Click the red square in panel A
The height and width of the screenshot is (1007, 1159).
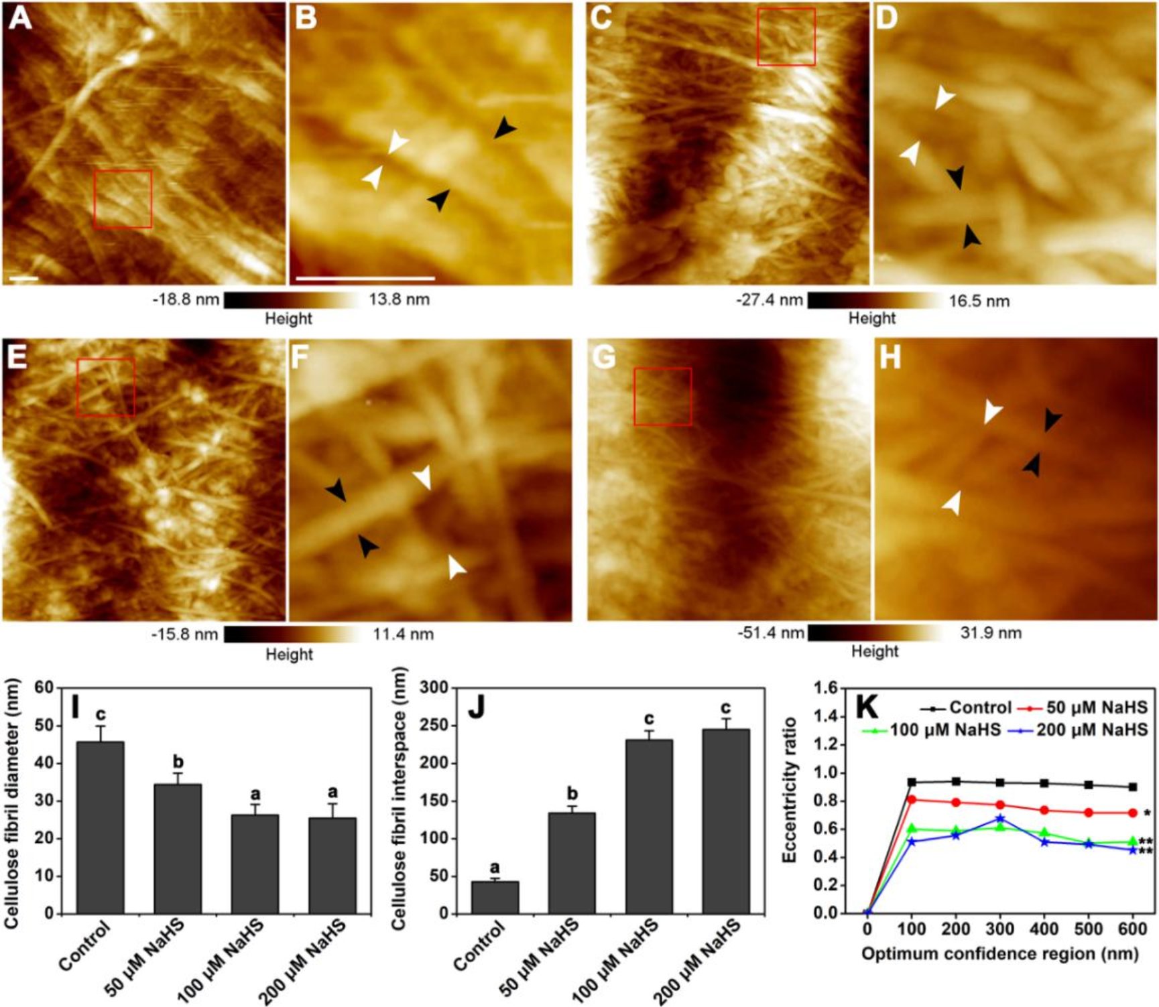123,199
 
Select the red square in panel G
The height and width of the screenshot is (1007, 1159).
663,396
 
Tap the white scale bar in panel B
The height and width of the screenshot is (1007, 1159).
365,277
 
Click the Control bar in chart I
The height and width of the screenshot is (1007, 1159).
101,827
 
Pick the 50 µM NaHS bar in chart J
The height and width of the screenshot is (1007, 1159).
572,863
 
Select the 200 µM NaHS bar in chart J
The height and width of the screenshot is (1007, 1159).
726,821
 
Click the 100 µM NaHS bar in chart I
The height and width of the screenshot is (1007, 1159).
255,864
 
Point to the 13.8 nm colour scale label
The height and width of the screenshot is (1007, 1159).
400,299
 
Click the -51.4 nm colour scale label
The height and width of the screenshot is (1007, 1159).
771,632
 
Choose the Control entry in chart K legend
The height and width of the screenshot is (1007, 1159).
966,708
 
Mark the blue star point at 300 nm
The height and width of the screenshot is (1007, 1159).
1000,819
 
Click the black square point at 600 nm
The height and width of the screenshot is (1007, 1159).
1133,787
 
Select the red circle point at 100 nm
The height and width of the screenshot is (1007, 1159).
912,799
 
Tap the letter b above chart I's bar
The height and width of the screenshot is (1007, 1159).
178,762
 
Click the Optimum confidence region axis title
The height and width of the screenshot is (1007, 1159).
999,953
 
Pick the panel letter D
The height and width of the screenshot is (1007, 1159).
886,19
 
